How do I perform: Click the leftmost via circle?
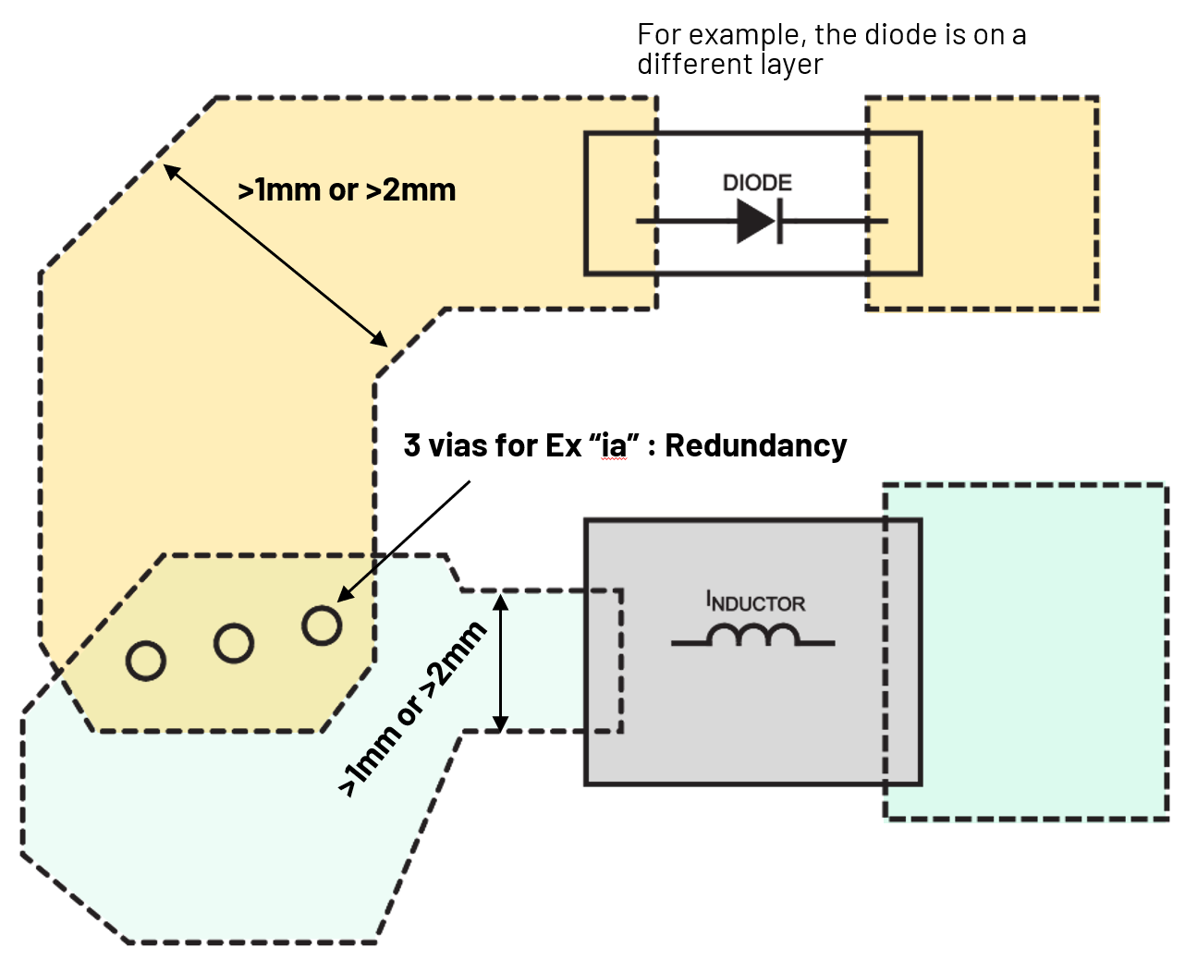pos(146,662)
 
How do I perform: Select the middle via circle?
pos(234,643)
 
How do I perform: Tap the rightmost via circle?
pos(322,626)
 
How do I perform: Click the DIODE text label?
pos(757,183)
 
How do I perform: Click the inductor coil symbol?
pos(752,636)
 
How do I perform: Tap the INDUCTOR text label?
pos(756,602)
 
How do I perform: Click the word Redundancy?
pos(755,445)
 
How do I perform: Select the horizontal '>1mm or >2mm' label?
pos(347,190)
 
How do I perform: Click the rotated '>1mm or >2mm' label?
pos(413,709)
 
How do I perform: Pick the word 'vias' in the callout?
pos(457,445)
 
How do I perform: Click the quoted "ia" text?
pos(613,445)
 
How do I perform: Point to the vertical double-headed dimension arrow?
pos(500,662)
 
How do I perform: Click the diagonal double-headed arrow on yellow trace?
pos(275,255)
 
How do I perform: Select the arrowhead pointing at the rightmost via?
pos(343,596)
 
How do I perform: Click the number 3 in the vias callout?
pos(411,445)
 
